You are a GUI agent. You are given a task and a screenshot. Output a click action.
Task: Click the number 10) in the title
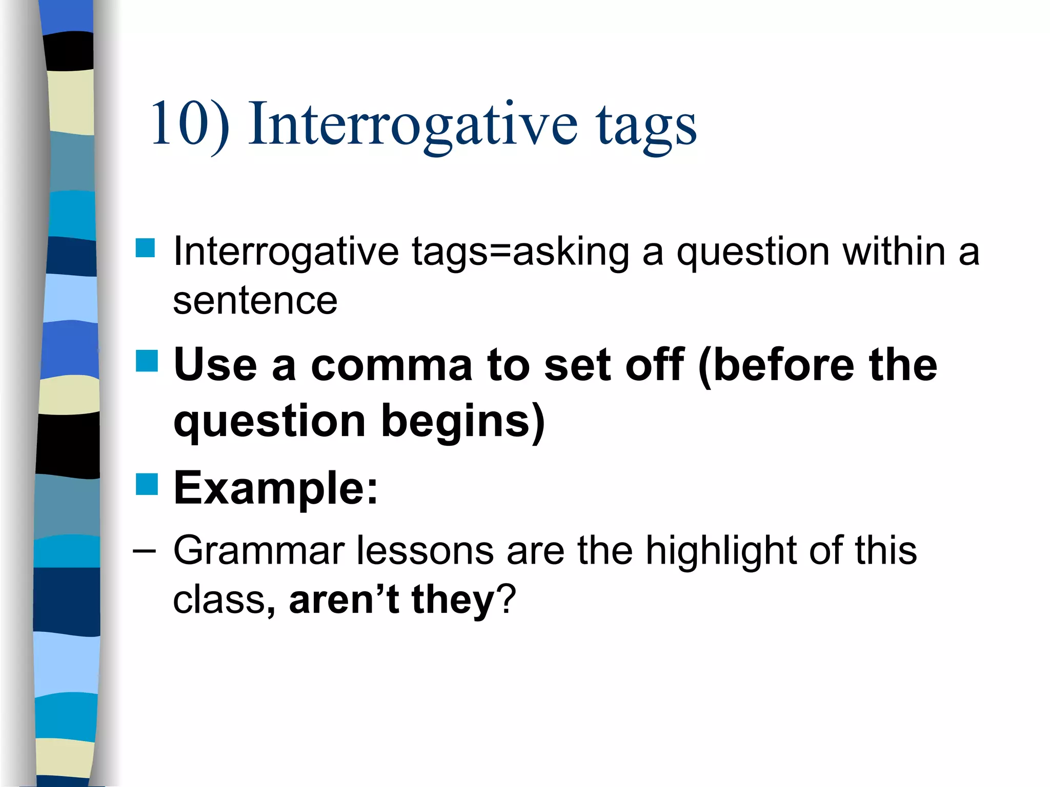[190, 125]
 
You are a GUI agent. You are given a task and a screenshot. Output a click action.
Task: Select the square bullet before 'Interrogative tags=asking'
[146, 248]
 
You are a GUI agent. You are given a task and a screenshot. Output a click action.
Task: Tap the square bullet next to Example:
[147, 484]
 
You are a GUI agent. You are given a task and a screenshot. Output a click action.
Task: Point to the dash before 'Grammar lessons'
[144, 551]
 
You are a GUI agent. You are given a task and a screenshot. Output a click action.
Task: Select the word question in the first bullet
[753, 253]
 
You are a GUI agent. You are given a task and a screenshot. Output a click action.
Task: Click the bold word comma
[391, 365]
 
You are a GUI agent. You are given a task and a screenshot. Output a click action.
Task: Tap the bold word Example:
[276, 488]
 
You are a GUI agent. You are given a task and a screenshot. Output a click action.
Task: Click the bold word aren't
[344, 599]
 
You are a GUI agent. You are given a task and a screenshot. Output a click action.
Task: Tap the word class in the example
[219, 599]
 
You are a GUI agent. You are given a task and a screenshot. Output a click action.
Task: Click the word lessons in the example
[425, 551]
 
